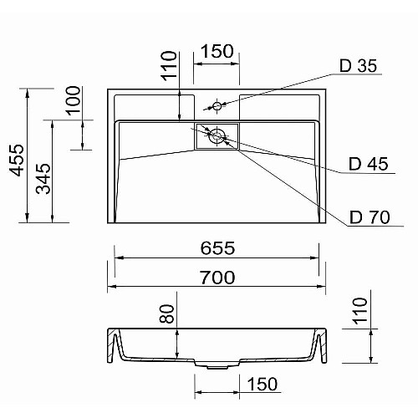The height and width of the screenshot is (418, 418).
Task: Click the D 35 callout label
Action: click(x=358, y=66)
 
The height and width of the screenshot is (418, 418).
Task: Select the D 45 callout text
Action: click(x=368, y=164)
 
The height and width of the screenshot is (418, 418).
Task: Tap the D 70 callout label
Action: click(x=370, y=217)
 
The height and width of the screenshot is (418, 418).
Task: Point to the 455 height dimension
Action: click(x=17, y=160)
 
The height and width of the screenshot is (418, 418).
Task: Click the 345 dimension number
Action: click(x=43, y=179)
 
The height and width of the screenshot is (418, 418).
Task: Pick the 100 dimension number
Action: click(x=73, y=100)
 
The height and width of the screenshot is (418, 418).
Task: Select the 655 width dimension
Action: click(x=217, y=248)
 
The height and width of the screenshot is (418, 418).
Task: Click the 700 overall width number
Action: click(x=217, y=278)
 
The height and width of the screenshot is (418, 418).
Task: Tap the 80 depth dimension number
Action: click(x=166, y=313)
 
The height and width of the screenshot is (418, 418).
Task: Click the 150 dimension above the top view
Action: click(x=217, y=51)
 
